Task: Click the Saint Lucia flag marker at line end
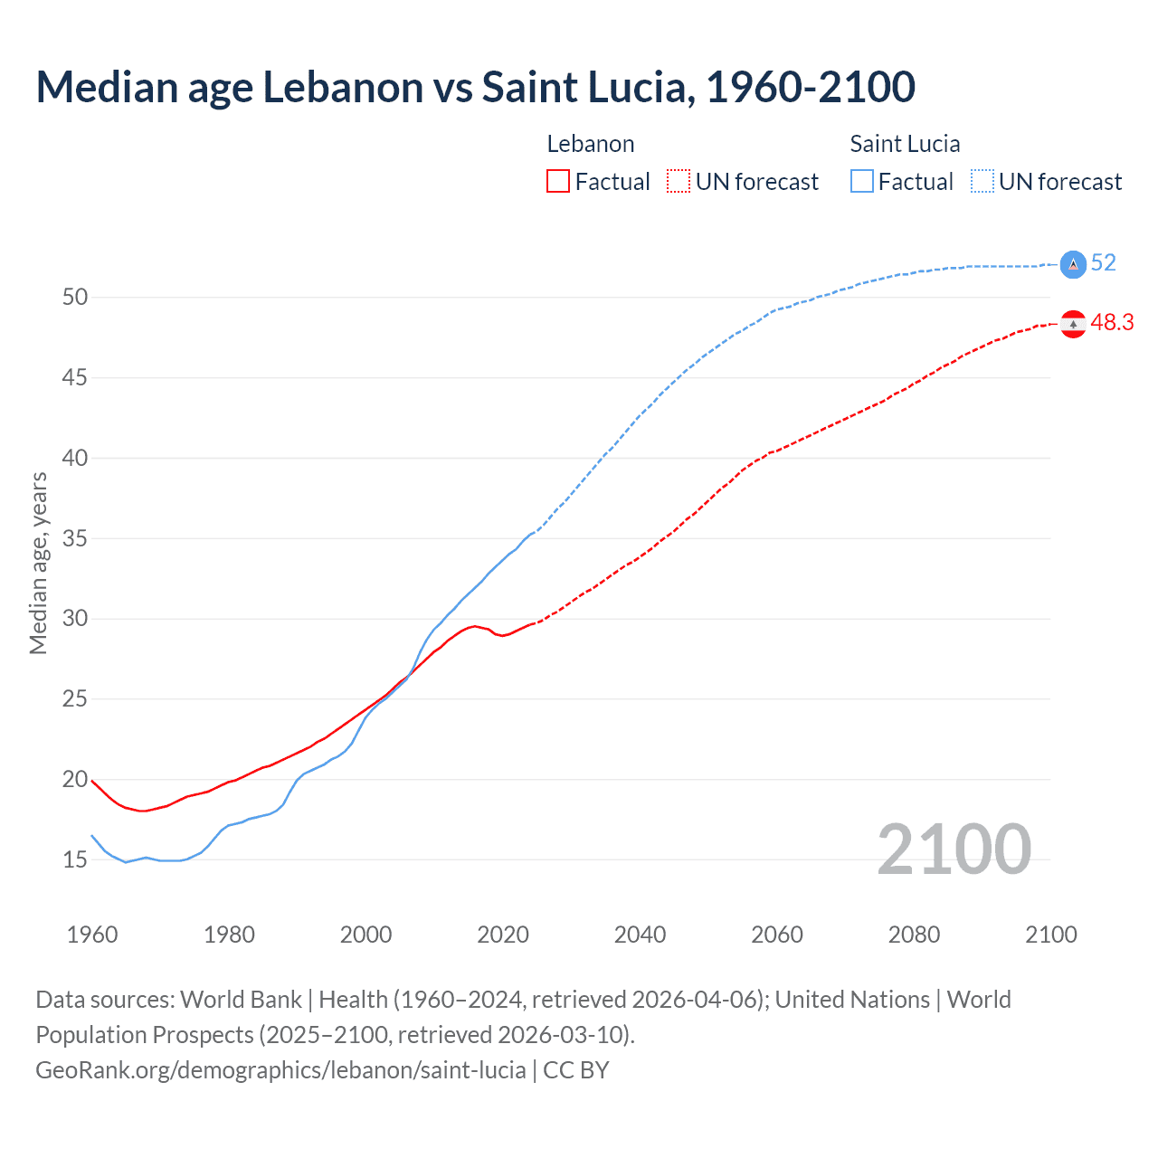pyautogui.click(x=1073, y=264)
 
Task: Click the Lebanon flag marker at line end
pyautogui.click(x=1073, y=323)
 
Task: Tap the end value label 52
pyautogui.click(x=1104, y=263)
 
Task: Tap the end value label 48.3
pyautogui.click(x=1113, y=323)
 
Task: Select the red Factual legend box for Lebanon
pyautogui.click(x=558, y=182)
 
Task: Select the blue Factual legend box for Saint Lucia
pyautogui.click(x=862, y=182)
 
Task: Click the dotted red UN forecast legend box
pyautogui.click(x=679, y=182)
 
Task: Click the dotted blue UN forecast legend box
pyautogui.click(x=982, y=182)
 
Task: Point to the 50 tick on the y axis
pyautogui.click(x=75, y=297)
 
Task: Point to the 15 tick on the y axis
pyautogui.click(x=75, y=859)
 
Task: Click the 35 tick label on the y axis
pyautogui.click(x=75, y=538)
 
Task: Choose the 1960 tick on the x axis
pyautogui.click(x=92, y=935)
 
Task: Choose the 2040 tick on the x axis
pyautogui.click(x=640, y=935)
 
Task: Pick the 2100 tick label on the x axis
pyautogui.click(x=1051, y=935)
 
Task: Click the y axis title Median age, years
pyautogui.click(x=38, y=563)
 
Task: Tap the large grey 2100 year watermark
pyautogui.click(x=954, y=849)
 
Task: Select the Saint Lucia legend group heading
pyautogui.click(x=905, y=144)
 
